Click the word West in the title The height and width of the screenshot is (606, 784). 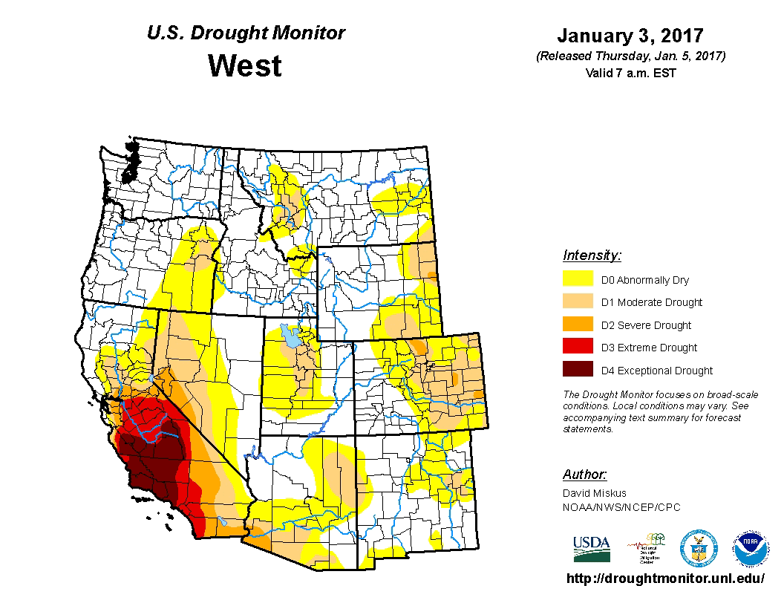tap(245, 66)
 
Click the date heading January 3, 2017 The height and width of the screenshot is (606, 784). tap(630, 36)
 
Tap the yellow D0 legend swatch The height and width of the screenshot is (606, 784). tap(578, 279)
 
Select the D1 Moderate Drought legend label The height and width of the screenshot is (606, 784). tap(651, 302)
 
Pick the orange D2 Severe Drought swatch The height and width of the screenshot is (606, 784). tap(578, 325)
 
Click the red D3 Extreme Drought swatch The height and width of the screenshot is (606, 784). tap(578, 347)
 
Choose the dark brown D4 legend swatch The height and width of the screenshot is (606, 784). tap(578, 370)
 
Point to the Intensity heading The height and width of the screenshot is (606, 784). tap(592, 255)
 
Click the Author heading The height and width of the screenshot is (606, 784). tap(584, 475)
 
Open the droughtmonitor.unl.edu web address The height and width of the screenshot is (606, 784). tap(665, 579)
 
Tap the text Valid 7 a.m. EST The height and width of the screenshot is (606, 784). tap(630, 73)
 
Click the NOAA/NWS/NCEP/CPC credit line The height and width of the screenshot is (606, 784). tap(621, 507)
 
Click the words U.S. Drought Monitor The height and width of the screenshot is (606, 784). tap(246, 33)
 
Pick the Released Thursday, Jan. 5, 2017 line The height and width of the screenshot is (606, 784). tap(630, 56)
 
